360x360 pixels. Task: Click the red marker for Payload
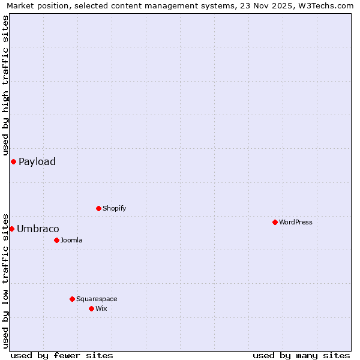pos(13,161)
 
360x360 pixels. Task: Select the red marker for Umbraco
pos(11,229)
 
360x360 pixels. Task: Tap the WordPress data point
pos(275,222)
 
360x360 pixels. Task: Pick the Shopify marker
pos(98,208)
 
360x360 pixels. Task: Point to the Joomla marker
pos(56,240)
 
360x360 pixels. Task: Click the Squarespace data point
pos(72,299)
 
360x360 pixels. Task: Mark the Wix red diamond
pos(91,308)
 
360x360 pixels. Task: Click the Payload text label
pos(37,161)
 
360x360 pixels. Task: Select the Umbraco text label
pos(38,229)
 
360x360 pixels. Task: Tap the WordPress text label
pos(296,222)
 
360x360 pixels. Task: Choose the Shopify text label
pos(115,208)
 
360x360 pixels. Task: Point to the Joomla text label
pos(71,240)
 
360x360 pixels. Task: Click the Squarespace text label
pos(97,299)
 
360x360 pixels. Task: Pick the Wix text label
pos(101,308)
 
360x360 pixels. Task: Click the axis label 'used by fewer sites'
pos(62,355)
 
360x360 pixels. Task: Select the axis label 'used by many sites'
pos(301,355)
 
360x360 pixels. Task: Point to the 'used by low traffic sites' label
pos(5,280)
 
